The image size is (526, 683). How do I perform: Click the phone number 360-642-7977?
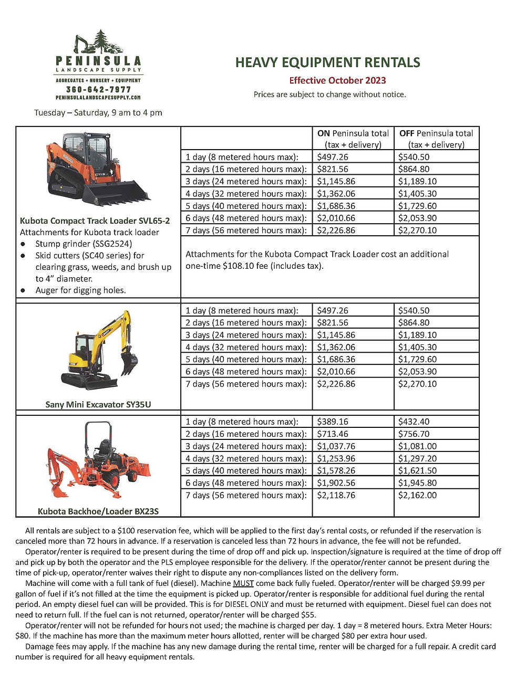click(x=98, y=89)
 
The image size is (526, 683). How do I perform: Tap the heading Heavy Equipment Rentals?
click(x=327, y=63)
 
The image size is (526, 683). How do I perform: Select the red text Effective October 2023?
click(x=337, y=80)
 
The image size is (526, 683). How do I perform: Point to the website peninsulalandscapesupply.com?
click(x=98, y=98)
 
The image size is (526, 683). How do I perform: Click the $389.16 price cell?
click(x=333, y=422)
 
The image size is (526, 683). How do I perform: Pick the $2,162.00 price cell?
click(x=417, y=495)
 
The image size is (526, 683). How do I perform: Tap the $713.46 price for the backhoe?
click(x=333, y=434)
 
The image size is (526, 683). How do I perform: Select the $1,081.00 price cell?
click(x=417, y=446)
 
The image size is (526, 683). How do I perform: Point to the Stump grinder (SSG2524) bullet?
click(x=84, y=244)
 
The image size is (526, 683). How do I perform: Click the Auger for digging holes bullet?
click(x=80, y=290)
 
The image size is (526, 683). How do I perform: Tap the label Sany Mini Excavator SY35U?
click(x=98, y=405)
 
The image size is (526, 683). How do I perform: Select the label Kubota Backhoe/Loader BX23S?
click(x=98, y=511)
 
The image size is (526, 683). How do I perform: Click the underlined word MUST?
click(x=243, y=583)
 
